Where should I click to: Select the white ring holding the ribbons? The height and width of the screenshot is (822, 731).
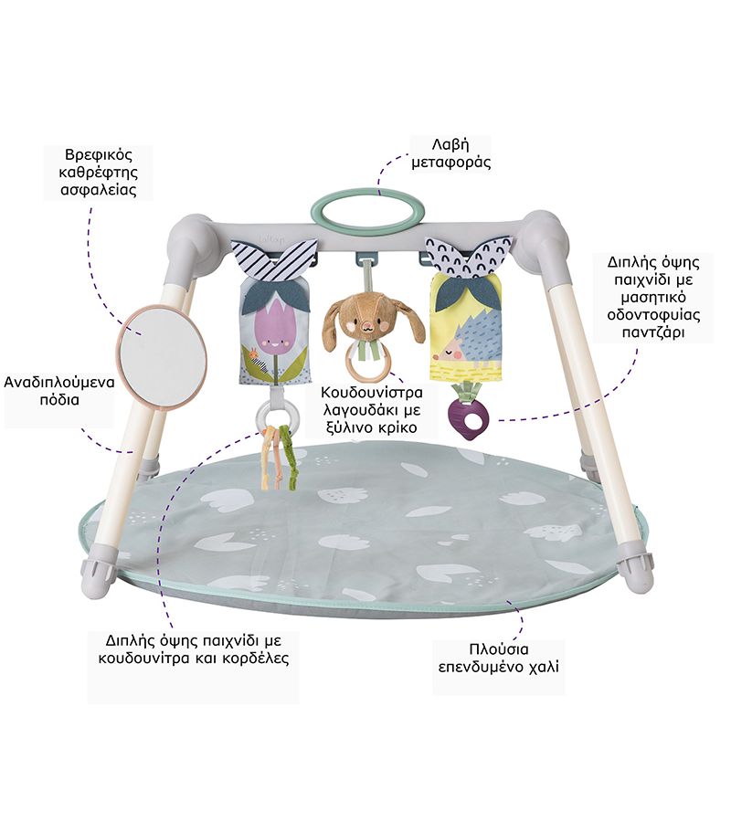[274, 416]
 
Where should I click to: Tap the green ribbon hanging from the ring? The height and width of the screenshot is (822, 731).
[291, 461]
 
